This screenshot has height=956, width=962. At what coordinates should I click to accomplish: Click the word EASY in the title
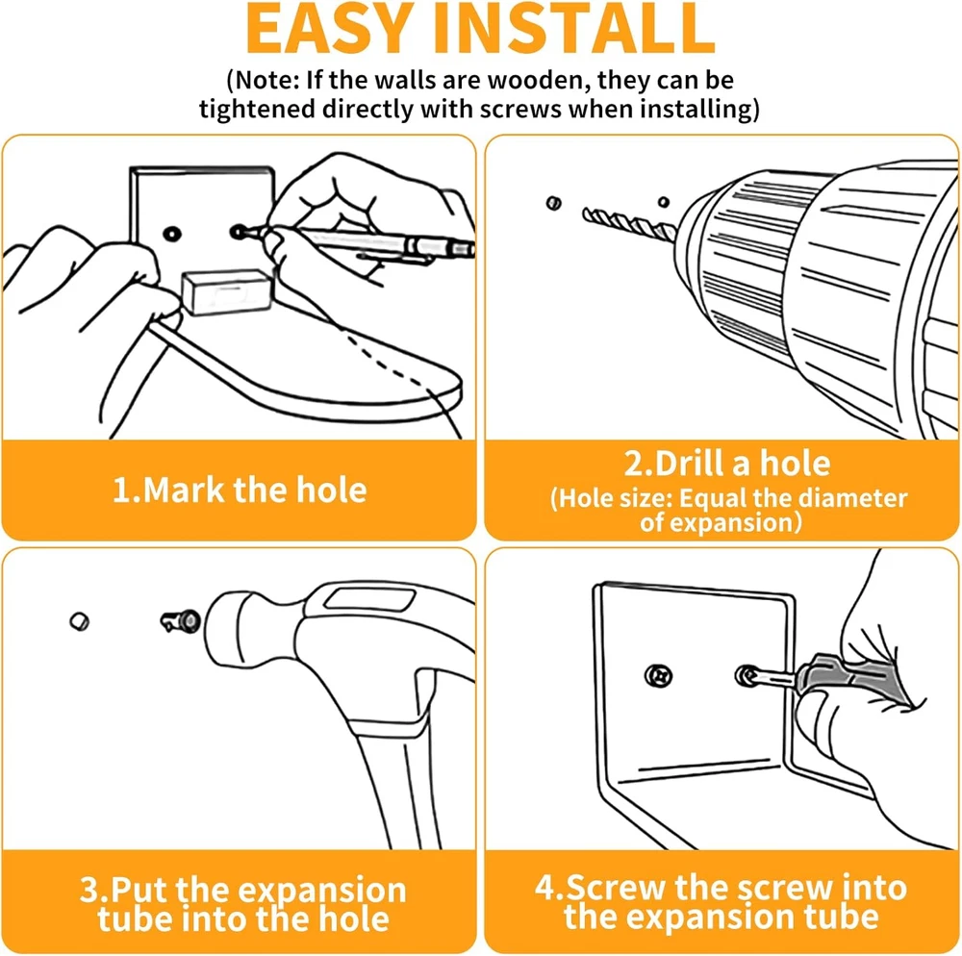pyautogui.click(x=328, y=28)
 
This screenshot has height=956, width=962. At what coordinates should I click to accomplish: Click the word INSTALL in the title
pyautogui.click(x=574, y=28)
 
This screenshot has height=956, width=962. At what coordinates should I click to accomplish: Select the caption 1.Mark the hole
pyautogui.click(x=240, y=490)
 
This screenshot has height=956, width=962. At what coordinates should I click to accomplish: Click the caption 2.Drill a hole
pyautogui.click(x=727, y=463)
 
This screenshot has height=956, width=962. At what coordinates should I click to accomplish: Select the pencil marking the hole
pyautogui.click(x=362, y=241)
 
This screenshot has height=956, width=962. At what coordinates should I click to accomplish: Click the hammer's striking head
pyautogui.click(x=248, y=629)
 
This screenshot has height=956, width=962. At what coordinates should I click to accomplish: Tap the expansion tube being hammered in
pyautogui.click(x=181, y=621)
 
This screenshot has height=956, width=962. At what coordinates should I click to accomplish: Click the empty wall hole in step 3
pyautogui.click(x=80, y=622)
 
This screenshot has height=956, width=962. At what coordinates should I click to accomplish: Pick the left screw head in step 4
pyautogui.click(x=659, y=676)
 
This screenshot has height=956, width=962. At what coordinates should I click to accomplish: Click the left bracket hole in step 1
pyautogui.click(x=172, y=234)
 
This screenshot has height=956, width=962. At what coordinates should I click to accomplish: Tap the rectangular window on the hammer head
pyautogui.click(x=370, y=598)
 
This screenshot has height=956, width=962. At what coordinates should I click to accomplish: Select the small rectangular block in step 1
pyautogui.click(x=227, y=291)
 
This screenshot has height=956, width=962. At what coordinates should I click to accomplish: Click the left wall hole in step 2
pyautogui.click(x=553, y=202)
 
